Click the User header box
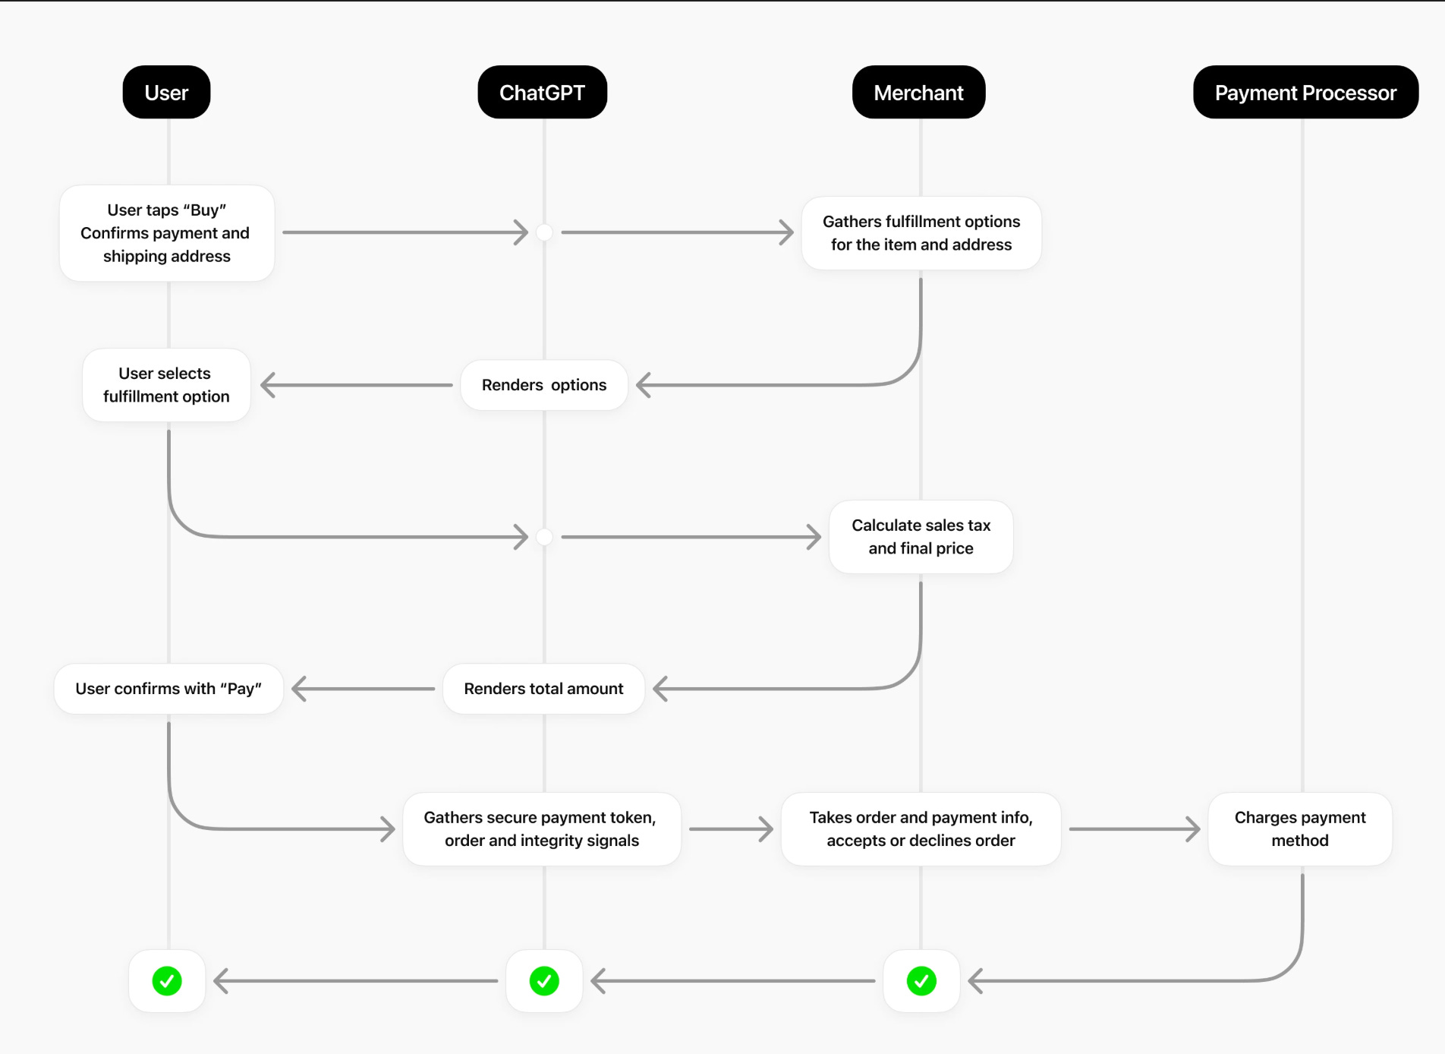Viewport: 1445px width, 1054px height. pyautogui.click(x=166, y=92)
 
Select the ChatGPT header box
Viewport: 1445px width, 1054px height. pyautogui.click(x=542, y=92)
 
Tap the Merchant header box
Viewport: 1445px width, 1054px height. pyautogui.click(x=918, y=92)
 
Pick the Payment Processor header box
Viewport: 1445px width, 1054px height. pyautogui.click(x=1305, y=92)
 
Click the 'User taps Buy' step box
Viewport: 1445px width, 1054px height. pyautogui.click(x=167, y=233)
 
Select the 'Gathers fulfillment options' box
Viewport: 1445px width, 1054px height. pyautogui.click(x=921, y=233)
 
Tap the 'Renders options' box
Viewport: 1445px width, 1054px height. pyautogui.click(x=544, y=385)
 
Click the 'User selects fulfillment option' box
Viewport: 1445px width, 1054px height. pyautogui.click(x=166, y=385)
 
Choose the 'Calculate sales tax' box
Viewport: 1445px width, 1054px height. pyautogui.click(x=921, y=537)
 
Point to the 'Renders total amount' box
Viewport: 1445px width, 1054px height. pyautogui.click(x=543, y=689)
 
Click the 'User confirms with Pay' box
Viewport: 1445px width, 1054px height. pyautogui.click(x=168, y=689)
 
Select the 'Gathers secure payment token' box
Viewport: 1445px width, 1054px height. pyautogui.click(x=542, y=829)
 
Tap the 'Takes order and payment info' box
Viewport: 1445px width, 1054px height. pyautogui.click(x=921, y=829)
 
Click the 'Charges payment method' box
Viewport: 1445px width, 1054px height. pyautogui.click(x=1300, y=829)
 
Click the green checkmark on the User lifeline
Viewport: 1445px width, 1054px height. pyautogui.click(x=167, y=981)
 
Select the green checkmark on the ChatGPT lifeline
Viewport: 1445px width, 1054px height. pyautogui.click(x=544, y=981)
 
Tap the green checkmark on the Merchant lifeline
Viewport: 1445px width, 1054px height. pyautogui.click(x=921, y=981)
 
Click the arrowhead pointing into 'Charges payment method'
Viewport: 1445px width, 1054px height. pyautogui.click(x=1194, y=829)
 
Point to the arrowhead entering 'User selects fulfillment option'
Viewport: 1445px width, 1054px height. pyautogui.click(x=267, y=385)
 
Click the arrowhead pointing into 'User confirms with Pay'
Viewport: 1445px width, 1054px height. pyautogui.click(x=298, y=689)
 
